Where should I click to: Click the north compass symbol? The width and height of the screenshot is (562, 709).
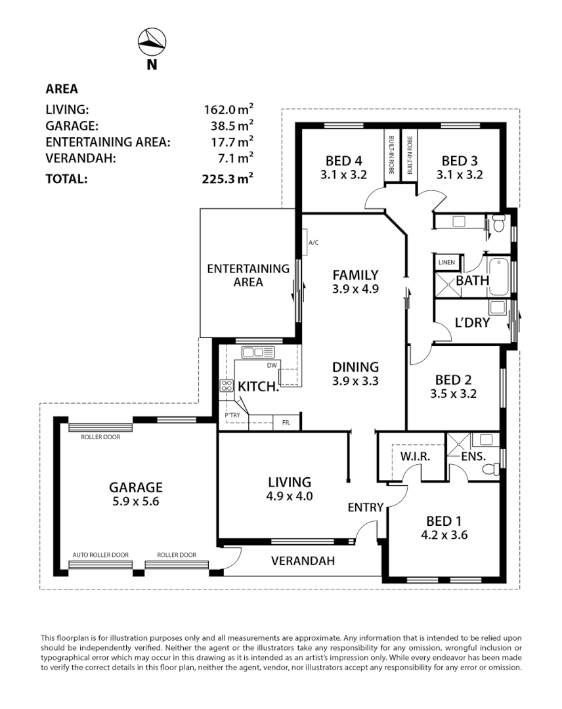[x=152, y=43]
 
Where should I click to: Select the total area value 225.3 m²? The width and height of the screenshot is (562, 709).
[x=228, y=178]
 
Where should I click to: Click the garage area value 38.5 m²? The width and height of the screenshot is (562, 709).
[x=228, y=125]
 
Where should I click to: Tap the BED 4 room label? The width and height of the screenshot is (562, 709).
[x=344, y=161]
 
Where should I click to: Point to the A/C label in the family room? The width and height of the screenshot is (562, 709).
[x=313, y=243]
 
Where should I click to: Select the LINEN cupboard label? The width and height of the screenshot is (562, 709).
[x=446, y=263]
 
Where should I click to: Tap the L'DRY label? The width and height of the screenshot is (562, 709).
[x=472, y=323]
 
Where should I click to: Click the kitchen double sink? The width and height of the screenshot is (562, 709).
[x=253, y=352]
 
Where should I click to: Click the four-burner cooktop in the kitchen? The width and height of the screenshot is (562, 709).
[x=227, y=386]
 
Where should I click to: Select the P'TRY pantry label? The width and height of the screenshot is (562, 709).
[x=232, y=415]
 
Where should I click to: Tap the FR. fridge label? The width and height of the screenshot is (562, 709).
[x=286, y=422]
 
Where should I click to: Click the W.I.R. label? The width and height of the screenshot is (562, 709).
[x=414, y=456]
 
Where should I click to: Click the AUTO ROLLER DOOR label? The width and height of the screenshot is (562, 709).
[x=100, y=555]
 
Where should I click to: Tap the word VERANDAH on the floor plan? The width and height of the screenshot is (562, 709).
[x=303, y=561]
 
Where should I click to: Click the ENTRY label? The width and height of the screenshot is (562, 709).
[x=365, y=507]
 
